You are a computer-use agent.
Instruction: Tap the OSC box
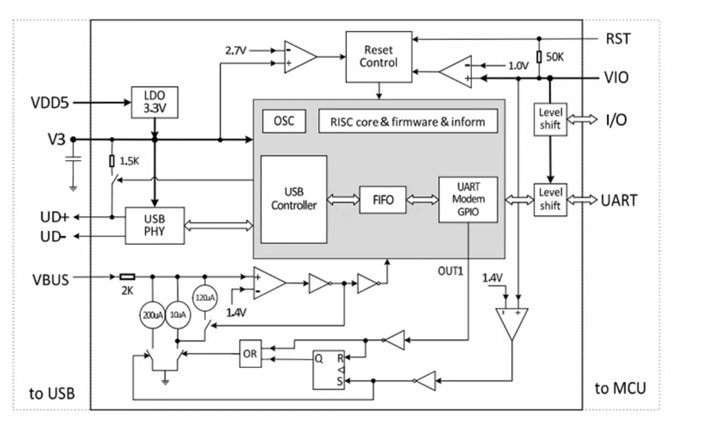tap(283, 121)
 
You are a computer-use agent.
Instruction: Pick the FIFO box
tap(382, 201)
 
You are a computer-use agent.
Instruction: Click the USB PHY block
tap(154, 225)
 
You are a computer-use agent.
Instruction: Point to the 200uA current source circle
tap(152, 314)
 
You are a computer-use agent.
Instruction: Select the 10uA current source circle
tap(177, 314)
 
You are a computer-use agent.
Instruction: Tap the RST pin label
tap(617, 40)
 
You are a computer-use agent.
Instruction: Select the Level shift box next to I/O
tap(549, 120)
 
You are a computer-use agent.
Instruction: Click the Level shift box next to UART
tap(549, 199)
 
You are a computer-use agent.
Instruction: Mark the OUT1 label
tap(451, 271)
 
